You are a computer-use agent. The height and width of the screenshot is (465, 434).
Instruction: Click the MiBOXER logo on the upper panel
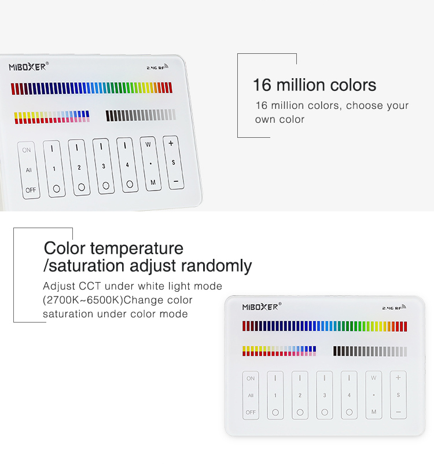pyautogui.click(x=29, y=67)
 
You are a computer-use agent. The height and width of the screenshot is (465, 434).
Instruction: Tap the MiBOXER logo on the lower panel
pyautogui.click(x=262, y=307)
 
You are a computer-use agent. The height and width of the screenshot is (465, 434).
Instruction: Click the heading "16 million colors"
pyautogui.click(x=315, y=85)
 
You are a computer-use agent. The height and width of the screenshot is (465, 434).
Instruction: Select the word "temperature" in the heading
pyautogui.click(x=137, y=248)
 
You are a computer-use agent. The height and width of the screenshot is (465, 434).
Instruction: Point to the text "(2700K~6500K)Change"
pyautogui.click(x=117, y=300)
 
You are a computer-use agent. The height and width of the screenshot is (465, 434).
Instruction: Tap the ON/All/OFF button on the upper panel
pyautogui.click(x=29, y=170)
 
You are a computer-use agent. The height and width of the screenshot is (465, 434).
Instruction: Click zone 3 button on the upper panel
pyautogui.click(x=104, y=166)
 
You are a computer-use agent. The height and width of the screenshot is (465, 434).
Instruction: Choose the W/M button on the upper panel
pyautogui.click(x=150, y=163)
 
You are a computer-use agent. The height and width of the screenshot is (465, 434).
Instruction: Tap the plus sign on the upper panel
pyautogui.click(x=171, y=144)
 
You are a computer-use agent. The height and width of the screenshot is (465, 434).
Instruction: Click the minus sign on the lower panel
pyautogui.click(x=398, y=412)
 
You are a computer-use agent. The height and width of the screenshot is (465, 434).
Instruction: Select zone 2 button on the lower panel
pyautogui.click(x=300, y=396)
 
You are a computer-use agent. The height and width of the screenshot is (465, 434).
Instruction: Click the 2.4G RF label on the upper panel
pyautogui.click(x=157, y=67)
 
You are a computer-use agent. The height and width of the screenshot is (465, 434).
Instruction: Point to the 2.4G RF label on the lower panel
pyautogui.click(x=394, y=307)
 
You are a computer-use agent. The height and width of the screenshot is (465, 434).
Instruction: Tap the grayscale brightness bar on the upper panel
pyautogui.click(x=141, y=115)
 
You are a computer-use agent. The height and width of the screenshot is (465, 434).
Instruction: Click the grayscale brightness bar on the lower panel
pyautogui.click(x=370, y=351)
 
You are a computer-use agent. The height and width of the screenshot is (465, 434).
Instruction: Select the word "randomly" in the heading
pyautogui.click(x=216, y=265)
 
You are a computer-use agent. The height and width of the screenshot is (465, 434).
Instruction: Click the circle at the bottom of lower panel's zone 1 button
pyautogui.click(x=275, y=412)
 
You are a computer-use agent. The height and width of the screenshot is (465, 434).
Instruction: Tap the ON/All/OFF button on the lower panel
pyautogui.click(x=251, y=396)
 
